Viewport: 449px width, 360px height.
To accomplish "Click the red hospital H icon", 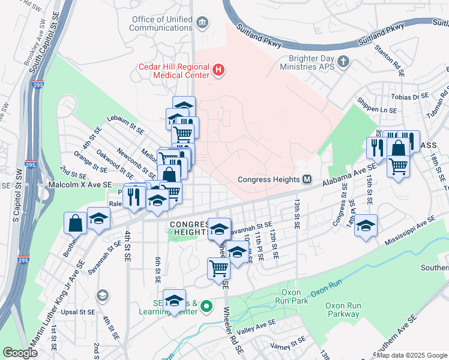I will point(218,71).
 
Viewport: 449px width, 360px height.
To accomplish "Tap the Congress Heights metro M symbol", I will point(307,179).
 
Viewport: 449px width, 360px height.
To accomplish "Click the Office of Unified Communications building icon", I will point(202,23).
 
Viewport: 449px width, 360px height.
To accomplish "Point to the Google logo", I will point(20,353).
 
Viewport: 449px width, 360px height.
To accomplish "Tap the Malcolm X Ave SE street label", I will point(81,185).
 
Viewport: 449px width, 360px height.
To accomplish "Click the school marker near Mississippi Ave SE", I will point(366,226).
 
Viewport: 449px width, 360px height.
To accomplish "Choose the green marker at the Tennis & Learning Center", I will point(207,307).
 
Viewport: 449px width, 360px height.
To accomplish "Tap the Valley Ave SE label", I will point(256,326).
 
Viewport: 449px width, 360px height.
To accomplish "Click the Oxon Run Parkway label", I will point(343,310).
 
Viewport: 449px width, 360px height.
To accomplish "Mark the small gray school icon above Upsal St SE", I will point(102,295).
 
